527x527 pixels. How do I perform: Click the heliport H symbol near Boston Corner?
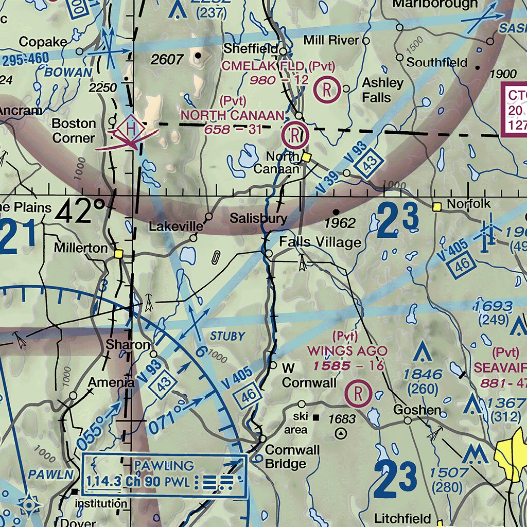click(x=131, y=127)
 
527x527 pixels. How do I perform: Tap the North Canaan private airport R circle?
click(x=295, y=136)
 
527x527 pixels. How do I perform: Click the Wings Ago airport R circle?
click(x=359, y=394)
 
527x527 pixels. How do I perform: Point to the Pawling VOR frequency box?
click(x=165, y=482)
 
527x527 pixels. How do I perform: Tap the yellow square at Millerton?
click(x=119, y=253)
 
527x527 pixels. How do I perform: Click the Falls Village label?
click(x=320, y=242)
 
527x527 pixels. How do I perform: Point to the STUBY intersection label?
click(x=227, y=337)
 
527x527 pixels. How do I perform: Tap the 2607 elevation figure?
click(x=167, y=60)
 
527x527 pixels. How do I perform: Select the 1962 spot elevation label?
click(x=340, y=223)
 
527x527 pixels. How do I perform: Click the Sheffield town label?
click(x=251, y=49)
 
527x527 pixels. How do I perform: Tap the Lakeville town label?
click(x=173, y=226)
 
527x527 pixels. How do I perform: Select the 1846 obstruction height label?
click(x=423, y=374)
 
